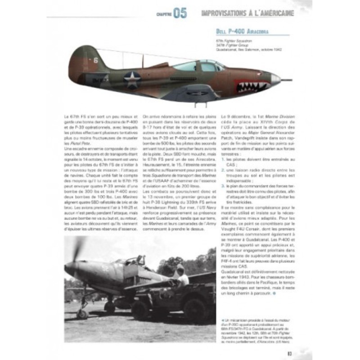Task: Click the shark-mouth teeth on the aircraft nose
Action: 254,86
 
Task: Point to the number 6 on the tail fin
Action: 95,59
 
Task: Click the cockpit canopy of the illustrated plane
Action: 198,66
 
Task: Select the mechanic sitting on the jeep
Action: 181,275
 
